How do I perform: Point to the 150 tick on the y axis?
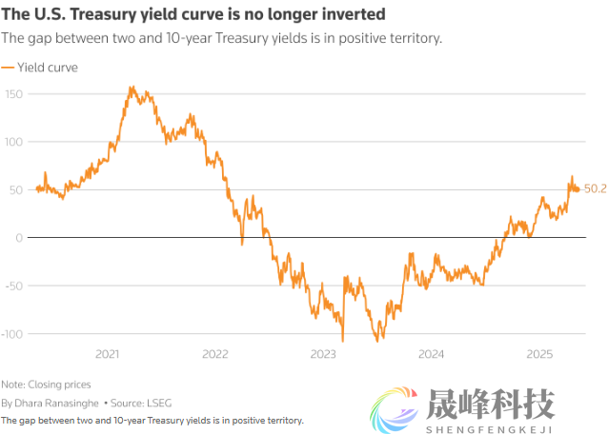tap(13, 94)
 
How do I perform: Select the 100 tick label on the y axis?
tap(13, 142)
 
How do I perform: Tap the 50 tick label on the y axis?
tap(16, 190)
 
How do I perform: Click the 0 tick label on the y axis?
tap(19, 238)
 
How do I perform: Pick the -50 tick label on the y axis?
tap(14, 286)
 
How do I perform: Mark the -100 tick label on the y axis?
tap(12, 334)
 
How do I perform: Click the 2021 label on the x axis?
tap(108, 354)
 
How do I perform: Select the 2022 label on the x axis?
tap(215, 354)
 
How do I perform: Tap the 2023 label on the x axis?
tap(324, 354)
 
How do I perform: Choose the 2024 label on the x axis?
tap(432, 354)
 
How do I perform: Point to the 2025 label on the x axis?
tap(539, 354)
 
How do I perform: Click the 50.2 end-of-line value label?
tap(596, 189)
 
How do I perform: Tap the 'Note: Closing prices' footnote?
tap(46, 385)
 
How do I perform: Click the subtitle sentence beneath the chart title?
tap(221, 38)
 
